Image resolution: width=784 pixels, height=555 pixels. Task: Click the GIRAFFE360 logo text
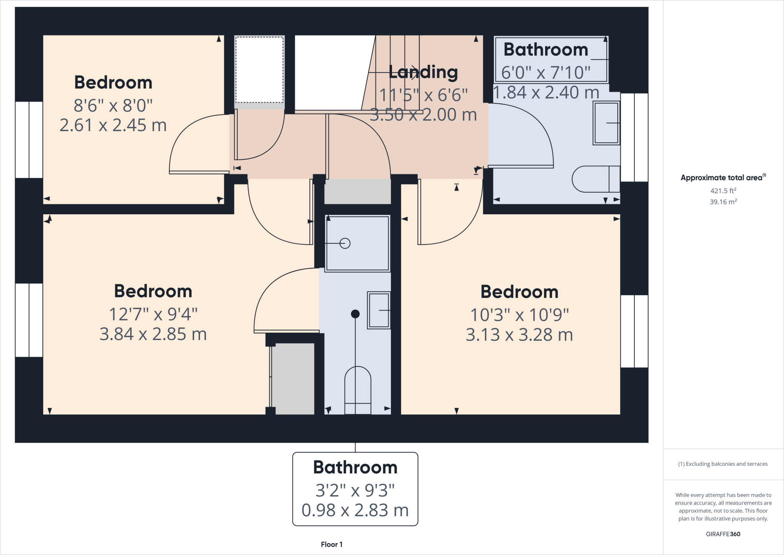tap(723, 534)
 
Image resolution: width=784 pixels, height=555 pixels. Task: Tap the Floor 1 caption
tap(332, 544)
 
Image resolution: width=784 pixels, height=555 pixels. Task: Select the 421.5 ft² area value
tap(723, 190)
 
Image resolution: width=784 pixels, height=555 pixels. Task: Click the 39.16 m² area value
tap(723, 202)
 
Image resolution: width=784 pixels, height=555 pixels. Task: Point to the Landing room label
tap(423, 72)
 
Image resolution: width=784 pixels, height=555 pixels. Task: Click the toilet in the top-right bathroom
tap(595, 179)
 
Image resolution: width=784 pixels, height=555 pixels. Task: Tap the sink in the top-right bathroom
tap(606, 123)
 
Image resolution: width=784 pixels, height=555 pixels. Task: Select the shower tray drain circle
tap(345, 243)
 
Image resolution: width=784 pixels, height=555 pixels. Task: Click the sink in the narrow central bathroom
tap(379, 310)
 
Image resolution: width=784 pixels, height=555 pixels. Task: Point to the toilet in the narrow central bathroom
tap(358, 389)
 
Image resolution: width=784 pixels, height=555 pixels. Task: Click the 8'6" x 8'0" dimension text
tap(113, 105)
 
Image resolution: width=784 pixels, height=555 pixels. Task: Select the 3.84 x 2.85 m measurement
tap(153, 334)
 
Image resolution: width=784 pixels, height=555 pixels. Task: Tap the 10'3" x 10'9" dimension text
tap(519, 315)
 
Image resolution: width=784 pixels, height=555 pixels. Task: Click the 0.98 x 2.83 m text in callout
tap(355, 510)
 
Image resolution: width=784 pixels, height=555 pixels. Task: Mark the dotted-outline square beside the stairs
tap(259, 70)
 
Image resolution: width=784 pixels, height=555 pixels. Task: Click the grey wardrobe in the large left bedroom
tap(293, 378)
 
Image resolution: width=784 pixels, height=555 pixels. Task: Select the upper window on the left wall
tap(29, 140)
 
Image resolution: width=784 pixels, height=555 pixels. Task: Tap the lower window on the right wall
tap(634, 331)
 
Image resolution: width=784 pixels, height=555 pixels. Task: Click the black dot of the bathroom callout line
tap(355, 314)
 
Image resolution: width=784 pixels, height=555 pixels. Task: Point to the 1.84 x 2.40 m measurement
tap(546, 92)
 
